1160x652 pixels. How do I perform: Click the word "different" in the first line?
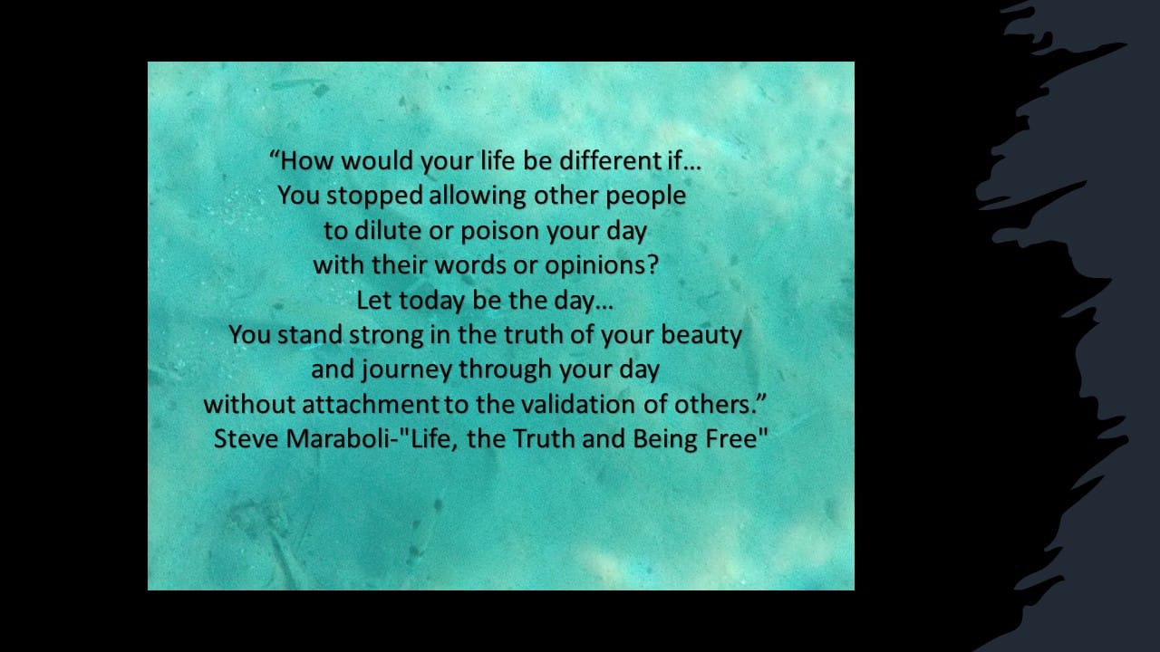coord(610,160)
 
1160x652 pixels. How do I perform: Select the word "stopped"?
coord(375,197)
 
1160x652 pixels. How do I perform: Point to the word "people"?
coord(646,197)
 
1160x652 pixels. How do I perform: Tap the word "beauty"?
coord(701,335)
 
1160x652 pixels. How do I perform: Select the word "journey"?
coord(407,370)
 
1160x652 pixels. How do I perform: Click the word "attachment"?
coord(371,405)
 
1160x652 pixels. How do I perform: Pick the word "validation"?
coord(578,404)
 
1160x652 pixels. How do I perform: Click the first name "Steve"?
coord(246,439)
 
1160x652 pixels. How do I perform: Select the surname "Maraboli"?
coord(338,439)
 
